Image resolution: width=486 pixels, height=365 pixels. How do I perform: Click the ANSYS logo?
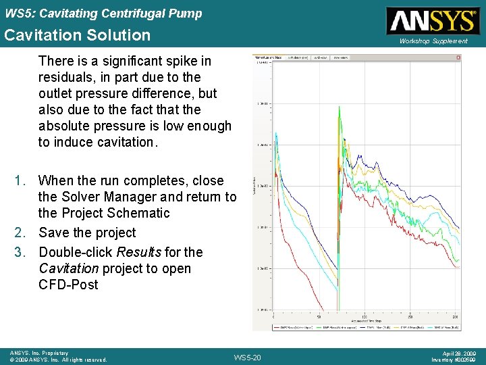click(x=431, y=20)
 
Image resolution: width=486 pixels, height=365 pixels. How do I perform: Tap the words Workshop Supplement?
click(x=433, y=41)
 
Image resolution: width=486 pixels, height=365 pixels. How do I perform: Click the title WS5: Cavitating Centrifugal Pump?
click(x=103, y=13)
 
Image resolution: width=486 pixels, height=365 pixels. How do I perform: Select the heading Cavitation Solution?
click(x=78, y=34)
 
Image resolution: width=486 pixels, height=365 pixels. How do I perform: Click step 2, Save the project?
click(x=87, y=233)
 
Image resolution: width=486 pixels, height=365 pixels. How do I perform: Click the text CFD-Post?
click(x=68, y=285)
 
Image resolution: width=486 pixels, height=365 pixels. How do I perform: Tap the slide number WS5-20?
click(x=246, y=357)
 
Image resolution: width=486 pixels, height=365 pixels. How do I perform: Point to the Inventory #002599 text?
click(x=453, y=360)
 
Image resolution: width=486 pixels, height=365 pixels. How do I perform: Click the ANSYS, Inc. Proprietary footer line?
click(x=38, y=353)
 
